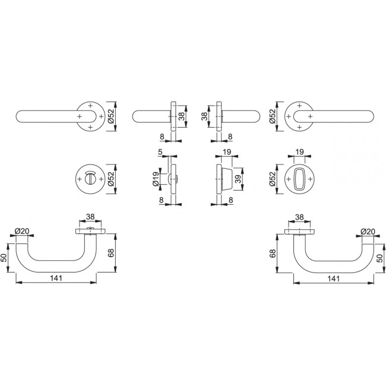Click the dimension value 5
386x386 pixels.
coord(160,152)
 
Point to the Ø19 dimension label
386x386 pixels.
coord(156,179)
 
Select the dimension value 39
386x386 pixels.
coord(238,179)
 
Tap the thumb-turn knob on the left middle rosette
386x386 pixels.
coord(90,179)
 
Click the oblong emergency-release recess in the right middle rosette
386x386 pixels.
coord(299,179)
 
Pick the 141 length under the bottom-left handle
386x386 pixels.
coord(56,278)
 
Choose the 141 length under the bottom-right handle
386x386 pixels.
coord(334,279)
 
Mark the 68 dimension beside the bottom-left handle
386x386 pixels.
coord(111,253)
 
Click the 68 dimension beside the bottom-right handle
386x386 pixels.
coord(273,254)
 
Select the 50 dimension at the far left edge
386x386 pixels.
coord(4,258)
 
